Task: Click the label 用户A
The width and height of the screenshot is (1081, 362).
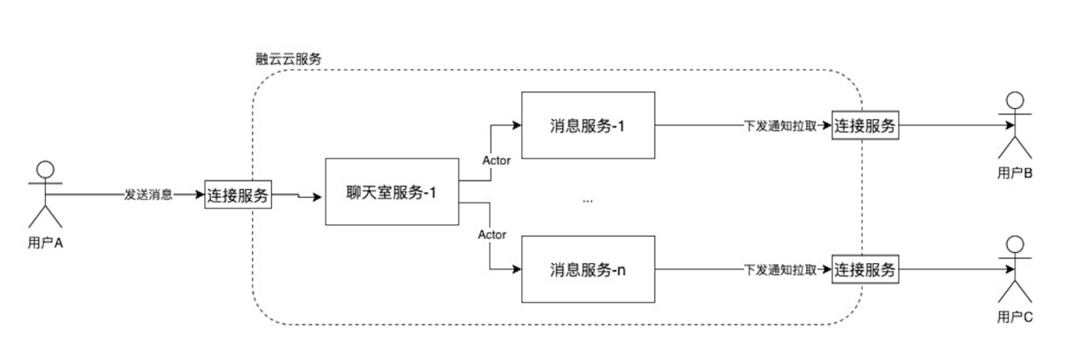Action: [45, 243]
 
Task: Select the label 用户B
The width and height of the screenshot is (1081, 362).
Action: [1015, 173]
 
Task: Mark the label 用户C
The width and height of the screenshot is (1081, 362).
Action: [1015, 317]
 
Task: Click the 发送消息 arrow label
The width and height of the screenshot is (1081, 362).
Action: [148, 194]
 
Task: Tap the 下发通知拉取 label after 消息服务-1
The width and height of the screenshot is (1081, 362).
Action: [780, 125]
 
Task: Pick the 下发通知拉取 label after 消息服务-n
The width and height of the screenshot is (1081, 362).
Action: [780, 269]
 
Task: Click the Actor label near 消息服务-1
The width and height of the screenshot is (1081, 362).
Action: [496, 161]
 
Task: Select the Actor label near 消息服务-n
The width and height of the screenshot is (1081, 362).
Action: [492, 234]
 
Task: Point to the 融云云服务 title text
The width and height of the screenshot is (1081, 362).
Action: [289, 59]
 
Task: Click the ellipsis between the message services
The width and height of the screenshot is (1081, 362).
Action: [587, 200]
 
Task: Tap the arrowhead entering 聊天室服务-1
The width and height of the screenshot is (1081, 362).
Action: [317, 197]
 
